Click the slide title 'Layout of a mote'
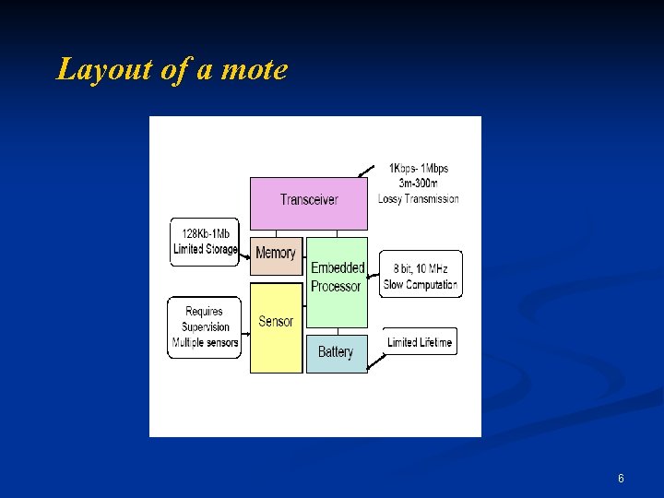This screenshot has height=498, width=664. pyautogui.click(x=172, y=69)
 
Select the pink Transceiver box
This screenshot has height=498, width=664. pyautogui.click(x=309, y=200)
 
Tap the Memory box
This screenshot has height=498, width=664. pyautogui.click(x=276, y=254)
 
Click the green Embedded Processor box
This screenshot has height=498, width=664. pyautogui.click(x=337, y=277)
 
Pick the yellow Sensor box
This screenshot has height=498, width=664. pyautogui.click(x=276, y=323)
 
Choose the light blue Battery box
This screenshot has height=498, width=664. pyautogui.click(x=336, y=352)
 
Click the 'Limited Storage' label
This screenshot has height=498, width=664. pyautogui.click(x=205, y=249)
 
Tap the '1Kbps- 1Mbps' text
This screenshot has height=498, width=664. pyautogui.click(x=418, y=169)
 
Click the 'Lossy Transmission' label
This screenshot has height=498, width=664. pyautogui.click(x=418, y=198)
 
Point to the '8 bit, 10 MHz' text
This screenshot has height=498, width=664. pyautogui.click(x=421, y=269)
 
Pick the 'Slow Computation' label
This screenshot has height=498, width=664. pyautogui.click(x=421, y=285)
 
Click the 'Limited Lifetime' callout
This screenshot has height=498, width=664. pyautogui.click(x=420, y=342)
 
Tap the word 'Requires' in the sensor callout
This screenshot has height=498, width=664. pyautogui.click(x=204, y=312)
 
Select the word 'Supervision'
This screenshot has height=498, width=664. pyautogui.click(x=206, y=327)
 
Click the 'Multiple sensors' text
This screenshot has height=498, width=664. pyautogui.click(x=205, y=343)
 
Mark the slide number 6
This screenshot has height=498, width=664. pyautogui.click(x=621, y=479)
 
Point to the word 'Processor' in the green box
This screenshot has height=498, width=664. pyautogui.click(x=336, y=287)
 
